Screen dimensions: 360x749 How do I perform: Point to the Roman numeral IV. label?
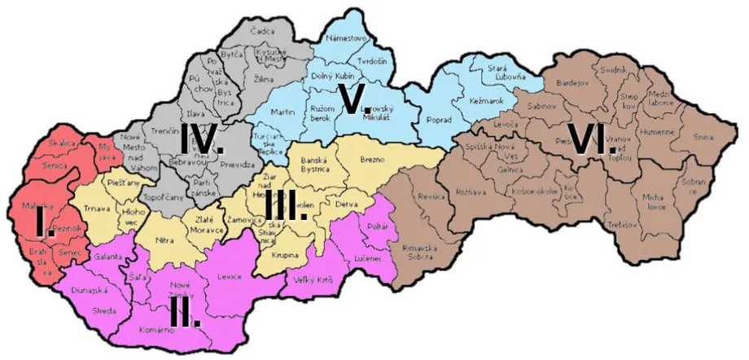pyautogui.click(x=201, y=140)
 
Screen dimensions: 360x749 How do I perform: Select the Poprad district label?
pyautogui.click(x=438, y=120)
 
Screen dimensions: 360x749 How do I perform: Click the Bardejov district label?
pyautogui.click(x=571, y=83)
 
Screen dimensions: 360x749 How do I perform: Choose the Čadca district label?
pyautogui.click(x=262, y=31)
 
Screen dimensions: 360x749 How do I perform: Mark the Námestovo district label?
pyautogui.click(x=346, y=37)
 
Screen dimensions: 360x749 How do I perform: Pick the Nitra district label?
pyautogui.click(x=165, y=242)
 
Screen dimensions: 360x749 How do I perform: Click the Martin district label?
pyautogui.click(x=282, y=110)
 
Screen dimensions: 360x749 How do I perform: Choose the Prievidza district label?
pyautogui.click(x=236, y=164)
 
